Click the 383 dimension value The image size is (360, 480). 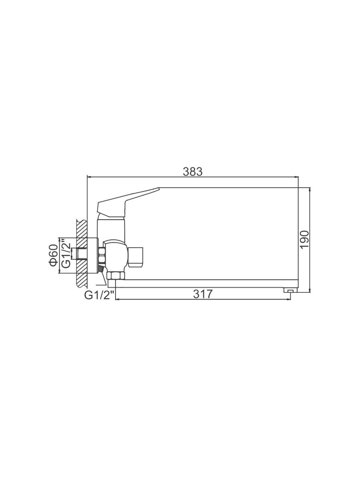click(192, 172)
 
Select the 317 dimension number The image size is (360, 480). click(203, 294)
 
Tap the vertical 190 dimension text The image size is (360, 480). click(304, 239)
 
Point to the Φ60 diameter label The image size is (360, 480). click(54, 255)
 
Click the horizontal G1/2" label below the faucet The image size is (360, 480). click(100, 296)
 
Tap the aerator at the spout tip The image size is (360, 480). click(290, 290)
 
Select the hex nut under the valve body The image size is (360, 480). click(116, 275)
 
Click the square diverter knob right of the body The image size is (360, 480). click(136, 257)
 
